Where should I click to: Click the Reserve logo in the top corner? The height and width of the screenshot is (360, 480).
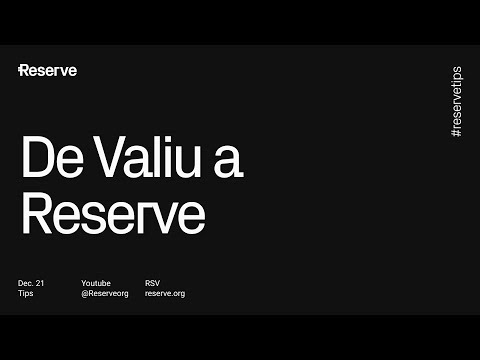(48, 70)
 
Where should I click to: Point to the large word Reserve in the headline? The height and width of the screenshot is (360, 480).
(113, 213)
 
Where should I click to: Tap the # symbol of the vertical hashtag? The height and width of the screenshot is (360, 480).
(456, 134)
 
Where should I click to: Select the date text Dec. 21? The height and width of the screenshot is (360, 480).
(31, 283)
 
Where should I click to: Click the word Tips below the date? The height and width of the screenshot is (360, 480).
(26, 294)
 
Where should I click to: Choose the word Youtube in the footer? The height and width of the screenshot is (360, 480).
(96, 283)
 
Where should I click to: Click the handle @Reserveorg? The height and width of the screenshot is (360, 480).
(104, 294)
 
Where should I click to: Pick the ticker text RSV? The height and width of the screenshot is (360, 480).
(153, 283)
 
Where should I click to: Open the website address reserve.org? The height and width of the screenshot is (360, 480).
(165, 294)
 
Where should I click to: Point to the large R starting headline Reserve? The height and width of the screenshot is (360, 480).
(39, 213)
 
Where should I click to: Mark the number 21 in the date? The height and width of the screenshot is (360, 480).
(40, 283)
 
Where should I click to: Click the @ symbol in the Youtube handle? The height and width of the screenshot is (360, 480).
(85, 294)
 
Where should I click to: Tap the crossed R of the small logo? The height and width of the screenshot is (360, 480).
(24, 70)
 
